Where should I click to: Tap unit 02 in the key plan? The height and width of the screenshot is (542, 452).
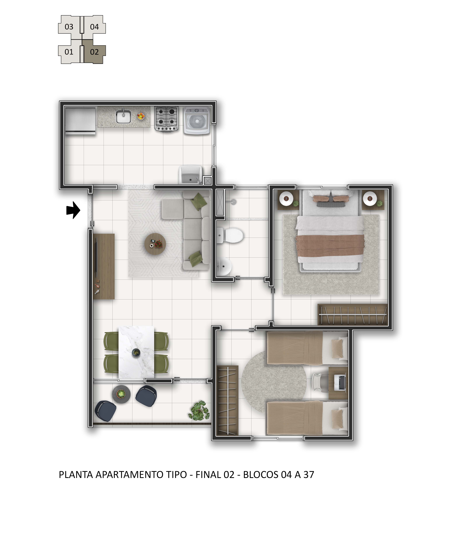tap(94, 52)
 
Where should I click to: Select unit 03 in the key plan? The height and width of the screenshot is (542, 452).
tap(69, 27)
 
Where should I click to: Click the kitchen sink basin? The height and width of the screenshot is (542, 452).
tap(123, 117)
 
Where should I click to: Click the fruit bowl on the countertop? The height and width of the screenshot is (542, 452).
tap(141, 116)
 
